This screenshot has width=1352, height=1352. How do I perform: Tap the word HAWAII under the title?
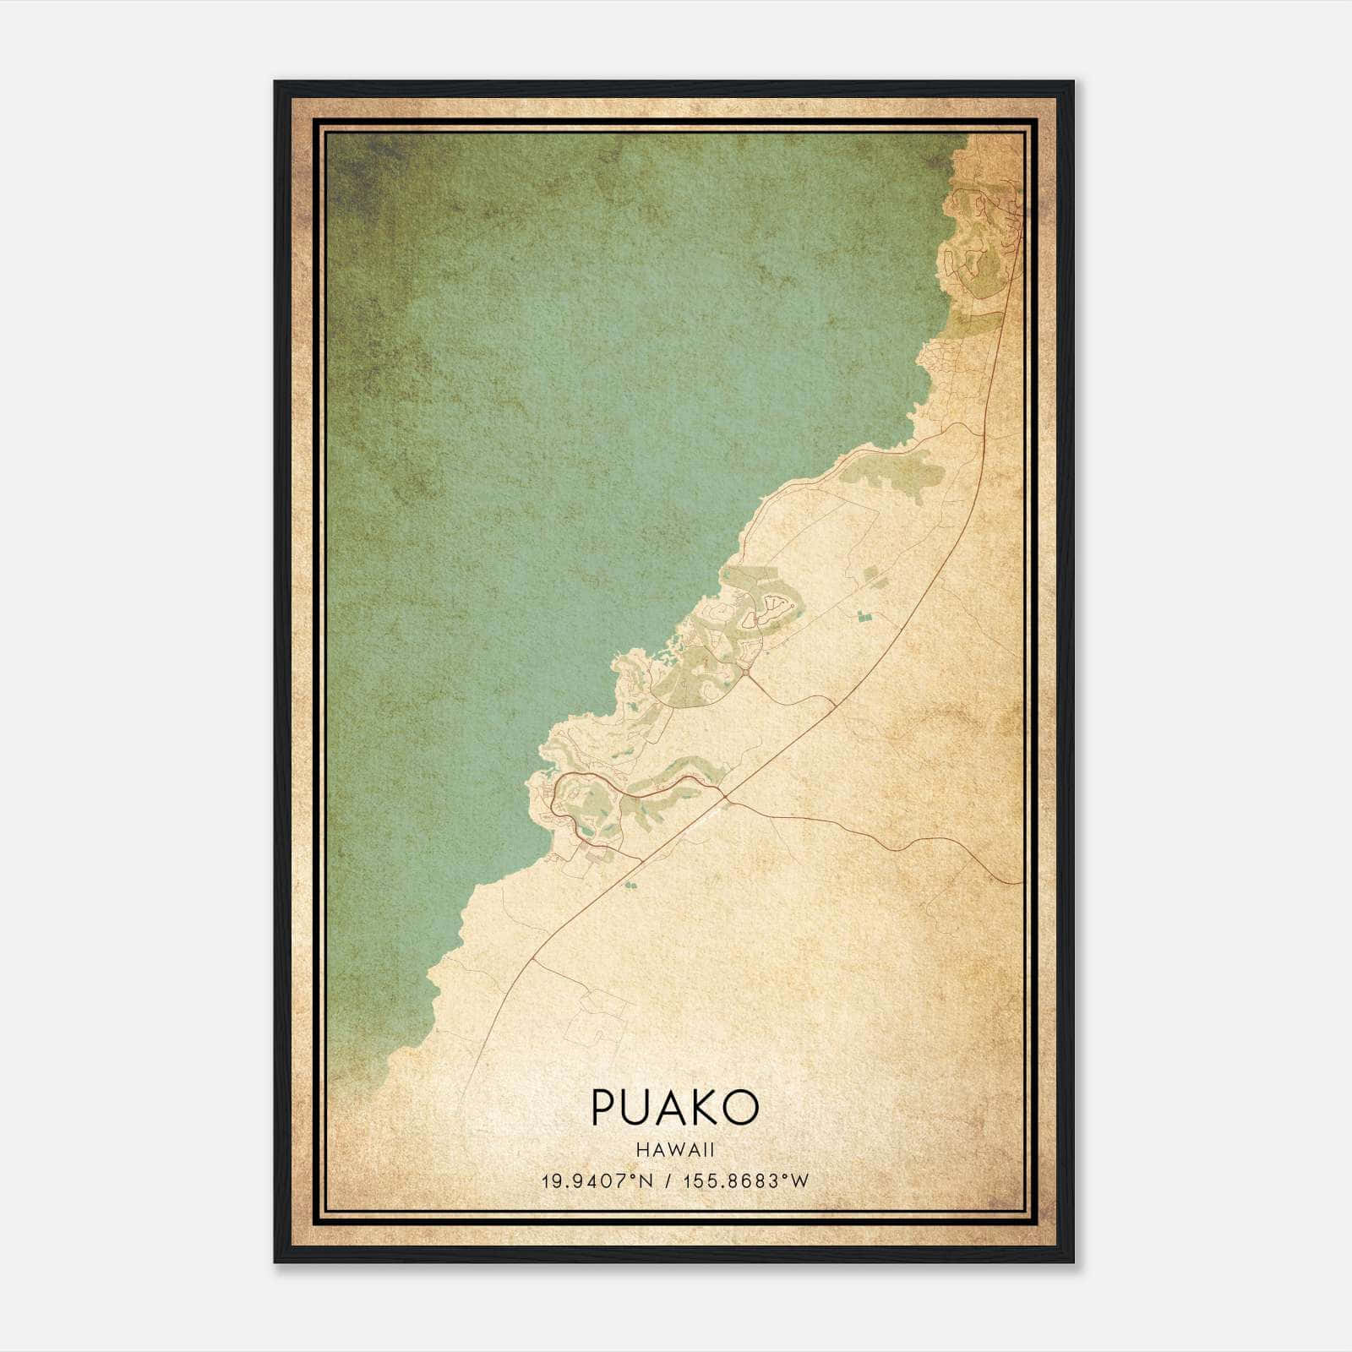pyautogui.click(x=675, y=1150)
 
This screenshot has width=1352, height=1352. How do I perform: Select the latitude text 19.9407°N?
pyautogui.click(x=597, y=1180)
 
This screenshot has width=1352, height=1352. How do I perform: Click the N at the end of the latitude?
pyautogui.click(x=647, y=1180)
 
